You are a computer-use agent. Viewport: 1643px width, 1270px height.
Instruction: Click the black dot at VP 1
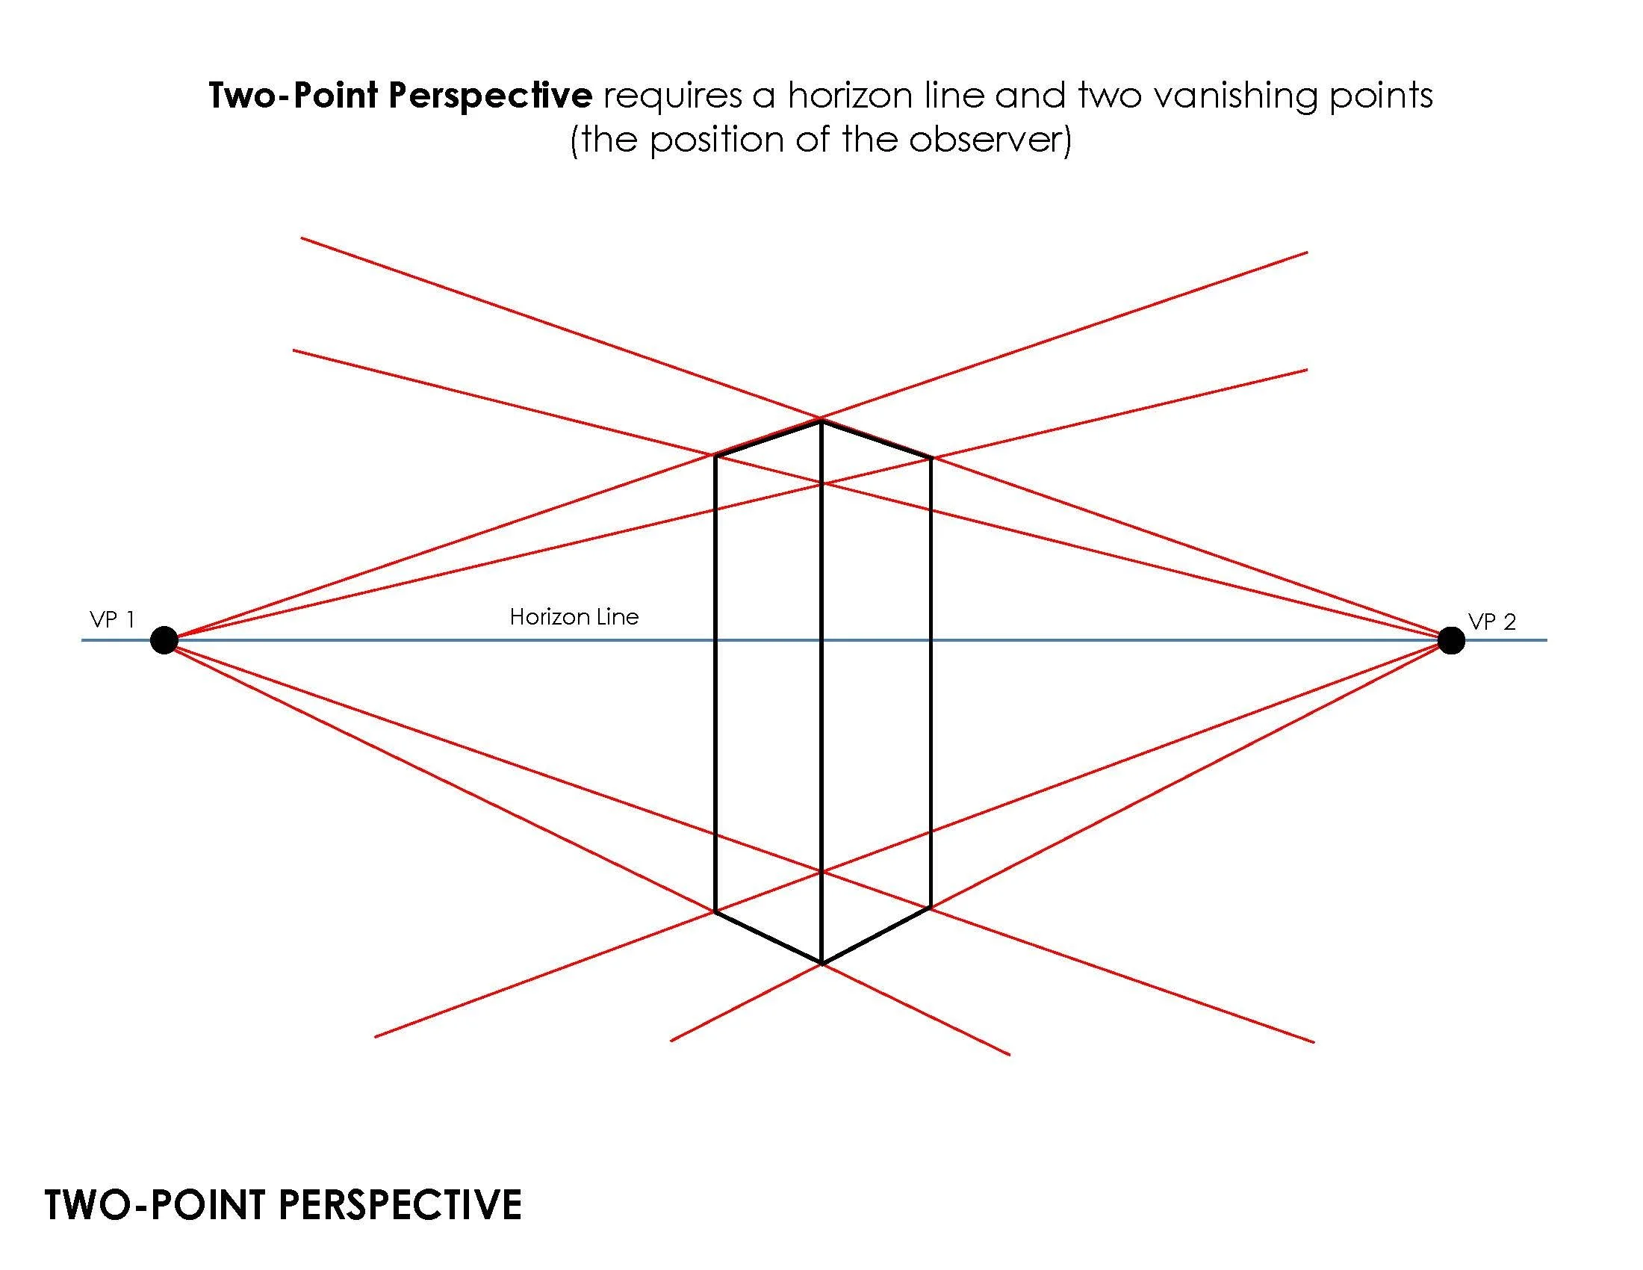point(164,640)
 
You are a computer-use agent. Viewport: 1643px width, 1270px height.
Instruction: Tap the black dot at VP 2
point(1451,640)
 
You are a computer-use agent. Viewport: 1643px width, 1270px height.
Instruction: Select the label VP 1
point(112,620)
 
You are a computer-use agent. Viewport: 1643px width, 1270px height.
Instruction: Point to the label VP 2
point(1492,622)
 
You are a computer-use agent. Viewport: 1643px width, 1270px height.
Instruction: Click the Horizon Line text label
point(574,617)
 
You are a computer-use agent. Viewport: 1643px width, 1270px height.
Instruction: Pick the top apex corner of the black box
point(821,421)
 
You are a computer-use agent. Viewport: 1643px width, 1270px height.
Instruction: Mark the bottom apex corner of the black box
point(821,963)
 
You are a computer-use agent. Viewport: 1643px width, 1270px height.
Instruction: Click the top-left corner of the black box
point(715,455)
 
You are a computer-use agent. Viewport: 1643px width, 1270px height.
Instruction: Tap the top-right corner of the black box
point(931,457)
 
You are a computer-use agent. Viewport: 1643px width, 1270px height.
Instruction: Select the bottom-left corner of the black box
point(715,912)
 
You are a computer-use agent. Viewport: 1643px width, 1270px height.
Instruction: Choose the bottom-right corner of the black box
point(931,908)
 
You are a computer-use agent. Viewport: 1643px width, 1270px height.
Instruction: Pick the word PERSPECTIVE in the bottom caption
point(400,1204)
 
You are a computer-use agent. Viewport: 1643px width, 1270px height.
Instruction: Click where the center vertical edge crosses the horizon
point(821,640)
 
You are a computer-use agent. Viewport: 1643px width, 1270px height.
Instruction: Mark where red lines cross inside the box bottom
point(821,873)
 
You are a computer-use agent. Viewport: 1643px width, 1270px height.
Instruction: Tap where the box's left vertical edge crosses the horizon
point(715,640)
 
